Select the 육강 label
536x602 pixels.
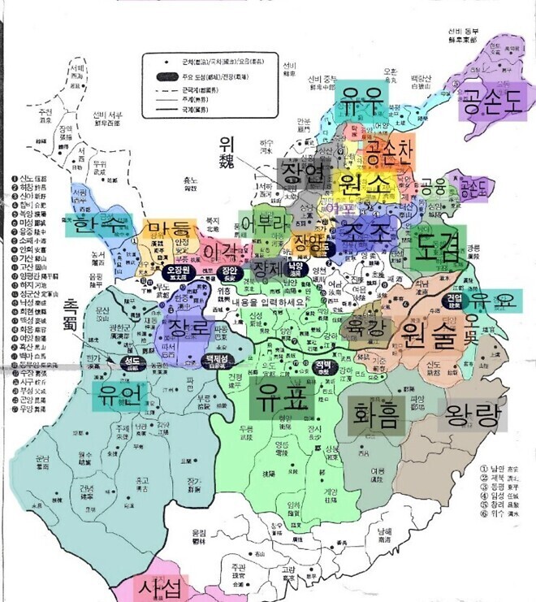tap(364, 329)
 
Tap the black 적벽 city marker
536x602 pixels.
tap(326, 366)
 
